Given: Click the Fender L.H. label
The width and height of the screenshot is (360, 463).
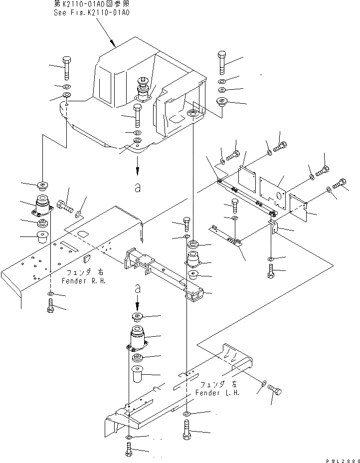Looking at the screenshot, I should (x=220, y=393).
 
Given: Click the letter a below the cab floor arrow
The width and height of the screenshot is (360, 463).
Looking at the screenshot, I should (x=137, y=189).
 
